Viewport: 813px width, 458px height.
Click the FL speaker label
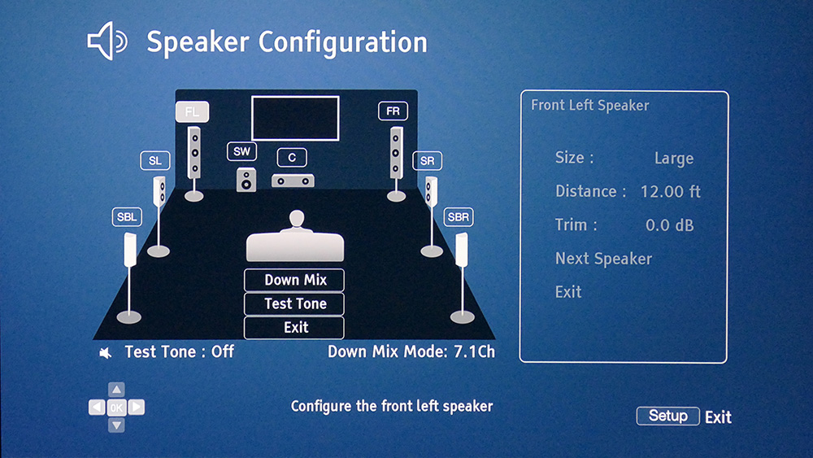tap(193, 112)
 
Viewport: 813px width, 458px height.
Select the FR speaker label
tap(393, 111)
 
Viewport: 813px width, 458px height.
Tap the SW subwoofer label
tap(241, 151)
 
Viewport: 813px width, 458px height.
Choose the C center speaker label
tap(292, 158)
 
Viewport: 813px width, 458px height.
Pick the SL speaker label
tap(155, 161)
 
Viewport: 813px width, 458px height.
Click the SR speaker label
tap(428, 161)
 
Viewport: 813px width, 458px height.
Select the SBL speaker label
tap(127, 217)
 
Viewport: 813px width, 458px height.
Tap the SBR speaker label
tap(459, 217)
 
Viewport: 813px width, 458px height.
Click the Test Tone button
tap(294, 303)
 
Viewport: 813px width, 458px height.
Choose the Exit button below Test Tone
tap(294, 327)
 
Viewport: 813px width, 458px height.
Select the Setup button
tap(667, 416)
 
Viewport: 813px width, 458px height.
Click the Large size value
tap(674, 158)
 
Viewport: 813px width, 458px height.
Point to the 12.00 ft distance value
tap(671, 191)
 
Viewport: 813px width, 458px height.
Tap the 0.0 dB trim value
tap(669, 225)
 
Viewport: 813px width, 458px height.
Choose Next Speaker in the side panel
tap(603, 259)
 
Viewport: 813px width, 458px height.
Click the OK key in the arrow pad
tap(116, 408)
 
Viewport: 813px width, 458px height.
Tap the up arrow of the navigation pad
tap(116, 390)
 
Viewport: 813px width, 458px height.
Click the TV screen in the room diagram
tap(295, 118)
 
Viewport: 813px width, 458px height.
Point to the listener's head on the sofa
tap(297, 218)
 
